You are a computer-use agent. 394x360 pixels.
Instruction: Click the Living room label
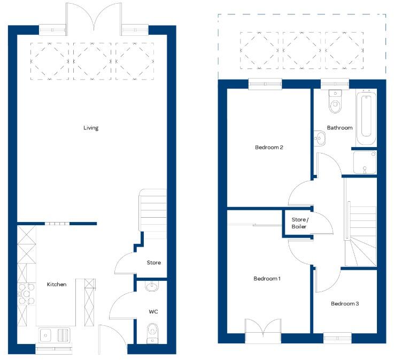[x=91, y=128]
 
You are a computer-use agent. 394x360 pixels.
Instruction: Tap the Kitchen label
[x=57, y=285]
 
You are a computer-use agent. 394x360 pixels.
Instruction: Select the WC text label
[x=153, y=311]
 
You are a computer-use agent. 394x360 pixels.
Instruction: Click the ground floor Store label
[x=154, y=263]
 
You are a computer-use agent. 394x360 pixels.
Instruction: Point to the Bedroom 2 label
[x=268, y=148]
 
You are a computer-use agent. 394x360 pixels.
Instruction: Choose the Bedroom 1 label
[x=267, y=279]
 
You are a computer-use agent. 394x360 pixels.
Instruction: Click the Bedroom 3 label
[x=345, y=304]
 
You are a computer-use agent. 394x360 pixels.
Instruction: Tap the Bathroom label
[x=340, y=128]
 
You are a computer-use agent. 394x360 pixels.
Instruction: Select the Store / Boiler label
[x=300, y=223]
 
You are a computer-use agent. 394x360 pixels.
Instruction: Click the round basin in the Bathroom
[x=320, y=138]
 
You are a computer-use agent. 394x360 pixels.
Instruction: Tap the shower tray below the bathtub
[x=365, y=162]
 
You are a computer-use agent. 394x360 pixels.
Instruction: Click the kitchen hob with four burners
[x=25, y=293]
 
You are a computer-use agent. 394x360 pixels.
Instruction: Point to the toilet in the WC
[x=152, y=331]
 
